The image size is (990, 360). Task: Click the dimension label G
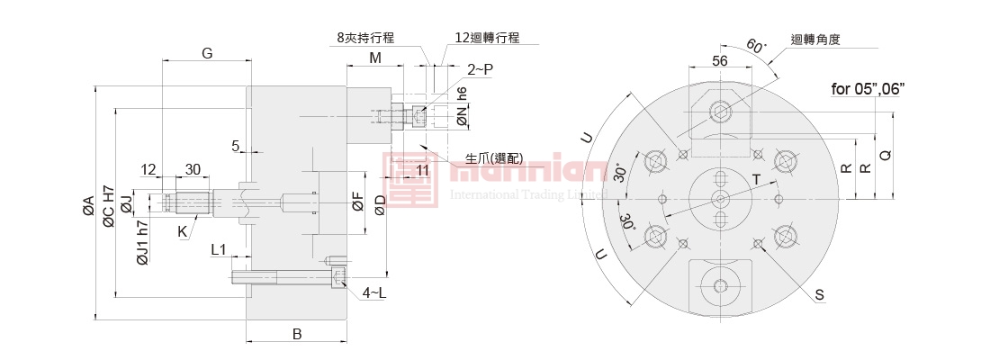pos(207,53)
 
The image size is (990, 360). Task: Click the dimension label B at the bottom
pos(297,334)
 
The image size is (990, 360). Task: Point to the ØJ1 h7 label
pos(142,243)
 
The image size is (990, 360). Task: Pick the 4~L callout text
pos(374,292)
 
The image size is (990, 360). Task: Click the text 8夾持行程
pos(366,38)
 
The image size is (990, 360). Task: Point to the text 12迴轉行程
pos(487,38)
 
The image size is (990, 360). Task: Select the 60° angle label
pos(756,47)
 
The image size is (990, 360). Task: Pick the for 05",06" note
pos(868,87)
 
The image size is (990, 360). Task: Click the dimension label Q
pos(886,155)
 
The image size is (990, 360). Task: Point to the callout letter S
pos(820,294)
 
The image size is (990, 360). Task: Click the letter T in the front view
pos(756,180)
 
